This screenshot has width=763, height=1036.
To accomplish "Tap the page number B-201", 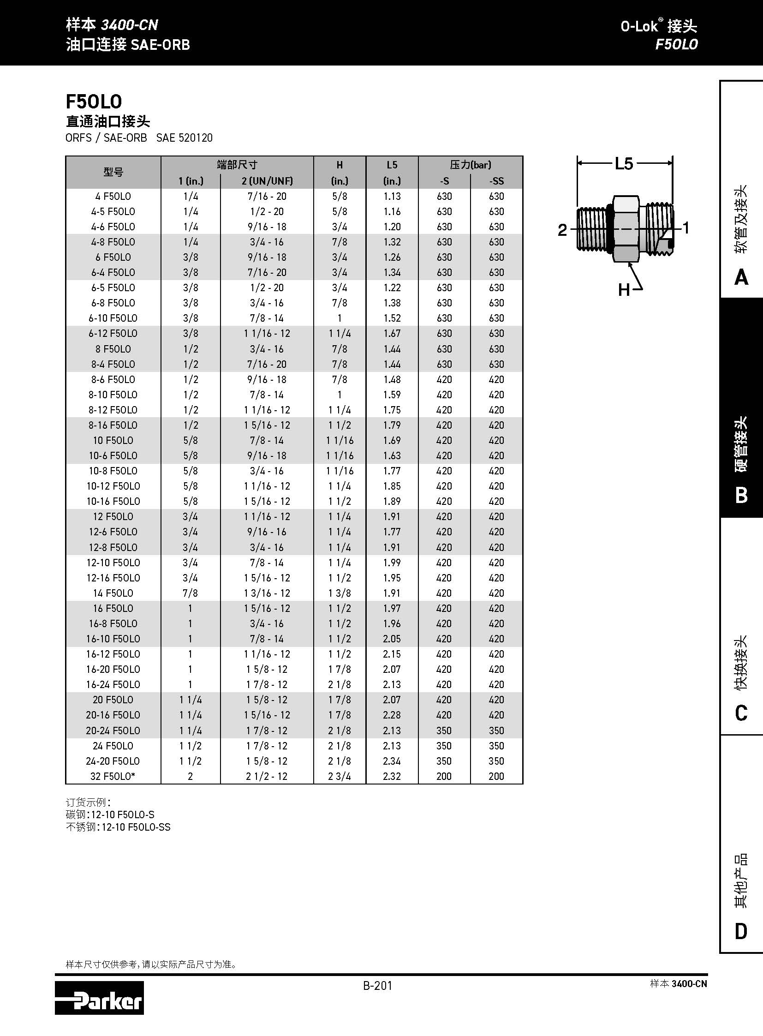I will click(x=377, y=986).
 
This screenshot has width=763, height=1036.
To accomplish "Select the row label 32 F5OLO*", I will click(x=113, y=776).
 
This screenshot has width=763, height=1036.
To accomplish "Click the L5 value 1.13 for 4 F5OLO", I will click(x=392, y=197).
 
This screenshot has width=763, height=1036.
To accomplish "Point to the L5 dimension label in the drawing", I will click(x=624, y=163).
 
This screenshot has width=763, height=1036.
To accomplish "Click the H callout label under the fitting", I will click(x=624, y=290).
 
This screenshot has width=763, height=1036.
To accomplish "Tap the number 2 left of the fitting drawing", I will click(x=562, y=230).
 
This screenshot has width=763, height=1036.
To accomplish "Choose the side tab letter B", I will click(x=741, y=495).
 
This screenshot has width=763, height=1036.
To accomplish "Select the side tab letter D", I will click(x=741, y=931).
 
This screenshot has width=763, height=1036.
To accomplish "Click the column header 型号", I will click(x=113, y=172).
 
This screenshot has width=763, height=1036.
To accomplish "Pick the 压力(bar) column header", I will click(x=470, y=164).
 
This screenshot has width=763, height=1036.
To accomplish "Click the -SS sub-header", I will click(x=496, y=181).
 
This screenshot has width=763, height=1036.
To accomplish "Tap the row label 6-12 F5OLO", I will click(x=113, y=333).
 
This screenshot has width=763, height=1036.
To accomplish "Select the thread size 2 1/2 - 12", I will click(x=267, y=776).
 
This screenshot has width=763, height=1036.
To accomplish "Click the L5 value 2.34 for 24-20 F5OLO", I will click(x=392, y=761).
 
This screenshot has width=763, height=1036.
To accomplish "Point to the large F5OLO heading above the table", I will click(x=94, y=102).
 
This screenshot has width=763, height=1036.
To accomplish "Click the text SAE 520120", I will click(x=184, y=138).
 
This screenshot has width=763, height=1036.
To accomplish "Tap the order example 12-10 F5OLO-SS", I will click(x=136, y=827).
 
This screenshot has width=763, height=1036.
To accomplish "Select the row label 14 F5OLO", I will click(x=113, y=593).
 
